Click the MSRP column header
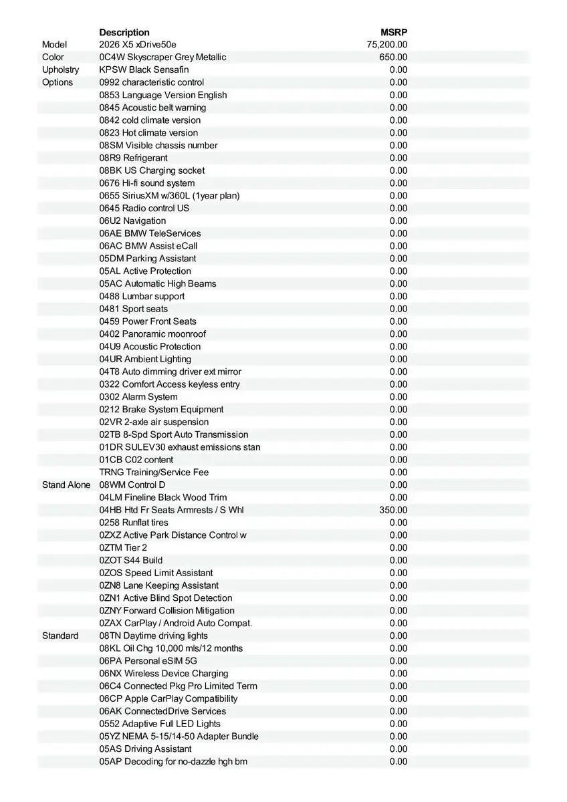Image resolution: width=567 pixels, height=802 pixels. coord(394,32)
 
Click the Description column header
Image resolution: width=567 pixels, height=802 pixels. coord(124,32)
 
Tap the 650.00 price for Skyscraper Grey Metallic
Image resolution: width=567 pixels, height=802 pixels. coord(393,57)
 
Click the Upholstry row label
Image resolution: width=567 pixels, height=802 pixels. coord(60,70)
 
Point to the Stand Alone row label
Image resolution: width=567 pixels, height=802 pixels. coord(66,485)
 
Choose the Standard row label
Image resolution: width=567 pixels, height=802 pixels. coord(60,636)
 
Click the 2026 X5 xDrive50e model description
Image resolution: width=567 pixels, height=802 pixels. coord(138,45)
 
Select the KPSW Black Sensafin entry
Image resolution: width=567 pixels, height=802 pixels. coord(144,70)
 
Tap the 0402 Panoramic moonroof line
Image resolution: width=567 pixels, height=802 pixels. coord(152,334)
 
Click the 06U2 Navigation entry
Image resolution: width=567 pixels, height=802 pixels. coord(132,221)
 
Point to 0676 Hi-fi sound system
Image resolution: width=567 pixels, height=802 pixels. coord(147,183)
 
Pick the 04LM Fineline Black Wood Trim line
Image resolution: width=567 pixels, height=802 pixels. coord(163,497)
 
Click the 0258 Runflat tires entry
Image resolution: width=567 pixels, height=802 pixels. coord(134,523)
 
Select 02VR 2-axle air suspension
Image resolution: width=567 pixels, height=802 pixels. coord(154,422)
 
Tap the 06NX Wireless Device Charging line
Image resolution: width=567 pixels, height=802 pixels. coord(164,674)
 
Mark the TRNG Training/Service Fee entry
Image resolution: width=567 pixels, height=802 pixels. coord(154,473)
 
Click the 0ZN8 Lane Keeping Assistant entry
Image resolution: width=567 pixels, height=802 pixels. coord(159,585)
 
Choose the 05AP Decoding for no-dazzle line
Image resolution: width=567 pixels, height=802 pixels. coord(173,762)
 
